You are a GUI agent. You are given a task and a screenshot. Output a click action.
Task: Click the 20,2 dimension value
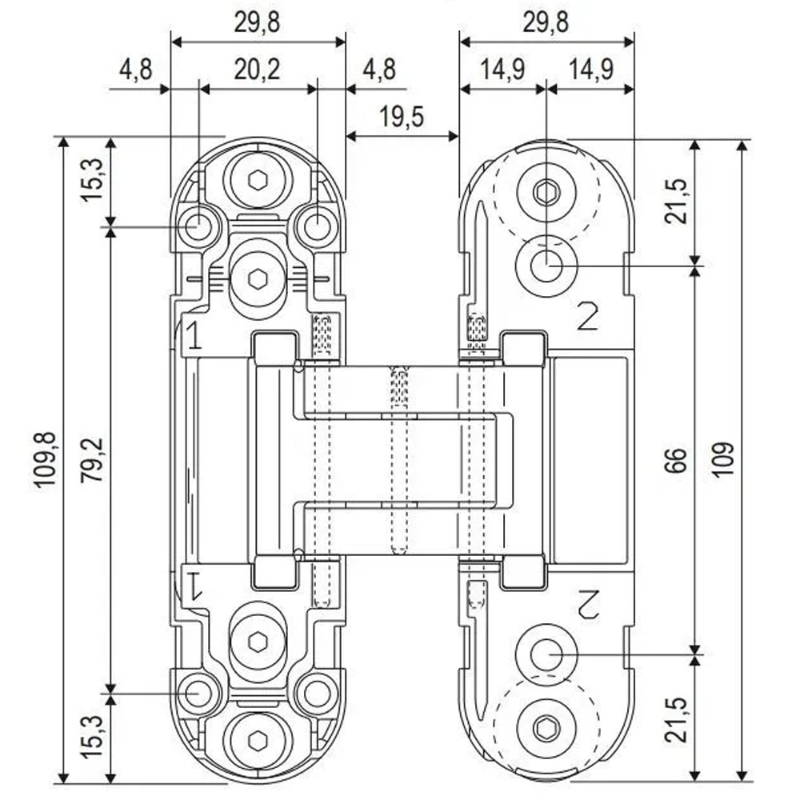(257, 71)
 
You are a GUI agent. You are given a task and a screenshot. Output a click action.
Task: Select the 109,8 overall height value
(46, 459)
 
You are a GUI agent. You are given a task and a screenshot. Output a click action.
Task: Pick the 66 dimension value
(676, 460)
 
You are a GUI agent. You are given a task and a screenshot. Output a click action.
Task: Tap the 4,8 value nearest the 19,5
(378, 70)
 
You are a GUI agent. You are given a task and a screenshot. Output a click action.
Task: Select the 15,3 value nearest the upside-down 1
(93, 736)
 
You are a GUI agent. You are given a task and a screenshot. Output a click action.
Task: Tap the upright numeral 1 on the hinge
(193, 338)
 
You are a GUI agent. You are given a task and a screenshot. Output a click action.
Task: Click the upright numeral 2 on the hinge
(588, 318)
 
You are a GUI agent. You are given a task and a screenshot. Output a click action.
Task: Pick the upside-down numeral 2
(588, 602)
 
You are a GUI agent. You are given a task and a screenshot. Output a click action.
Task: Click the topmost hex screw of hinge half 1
(257, 180)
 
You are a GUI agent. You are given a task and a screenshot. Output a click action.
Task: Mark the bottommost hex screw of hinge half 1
(257, 740)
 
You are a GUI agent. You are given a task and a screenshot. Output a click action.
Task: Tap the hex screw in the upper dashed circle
(546, 192)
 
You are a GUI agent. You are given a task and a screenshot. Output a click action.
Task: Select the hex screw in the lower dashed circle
(546, 728)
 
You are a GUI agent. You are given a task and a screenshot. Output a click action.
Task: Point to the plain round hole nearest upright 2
(546, 265)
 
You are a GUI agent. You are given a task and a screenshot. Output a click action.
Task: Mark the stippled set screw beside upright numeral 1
(322, 334)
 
